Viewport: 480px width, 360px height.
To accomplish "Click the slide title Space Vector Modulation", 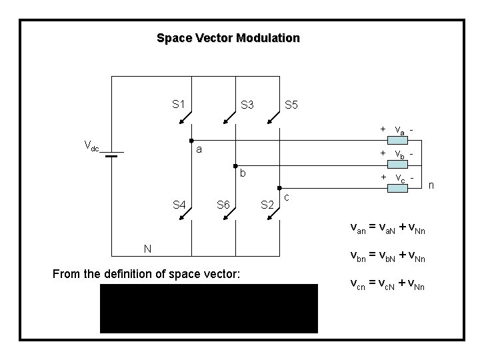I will pyautogui.click(x=228, y=38).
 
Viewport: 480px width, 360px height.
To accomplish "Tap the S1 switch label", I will pyautogui.click(x=178, y=104).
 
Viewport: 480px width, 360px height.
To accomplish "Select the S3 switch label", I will pyautogui.click(x=247, y=105).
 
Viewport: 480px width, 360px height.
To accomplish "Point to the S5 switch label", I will pyautogui.click(x=291, y=105).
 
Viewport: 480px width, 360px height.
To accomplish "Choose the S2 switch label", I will pyautogui.click(x=267, y=204).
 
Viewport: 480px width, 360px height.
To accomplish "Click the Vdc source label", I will pyautogui.click(x=91, y=145).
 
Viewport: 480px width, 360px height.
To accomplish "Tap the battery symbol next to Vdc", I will pyautogui.click(x=111, y=154).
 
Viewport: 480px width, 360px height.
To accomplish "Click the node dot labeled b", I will pyautogui.click(x=235, y=165).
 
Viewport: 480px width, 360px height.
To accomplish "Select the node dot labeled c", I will pyautogui.click(x=279, y=189).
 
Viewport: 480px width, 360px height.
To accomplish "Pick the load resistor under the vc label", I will pyautogui.click(x=400, y=189).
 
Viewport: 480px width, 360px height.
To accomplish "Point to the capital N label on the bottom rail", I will pyautogui.click(x=148, y=249).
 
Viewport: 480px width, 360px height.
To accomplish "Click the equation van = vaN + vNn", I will pyautogui.click(x=388, y=230).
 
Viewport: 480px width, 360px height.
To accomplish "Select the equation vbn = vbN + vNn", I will pyautogui.click(x=388, y=257).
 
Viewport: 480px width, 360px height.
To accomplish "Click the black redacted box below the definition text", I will pyautogui.click(x=209, y=308).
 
